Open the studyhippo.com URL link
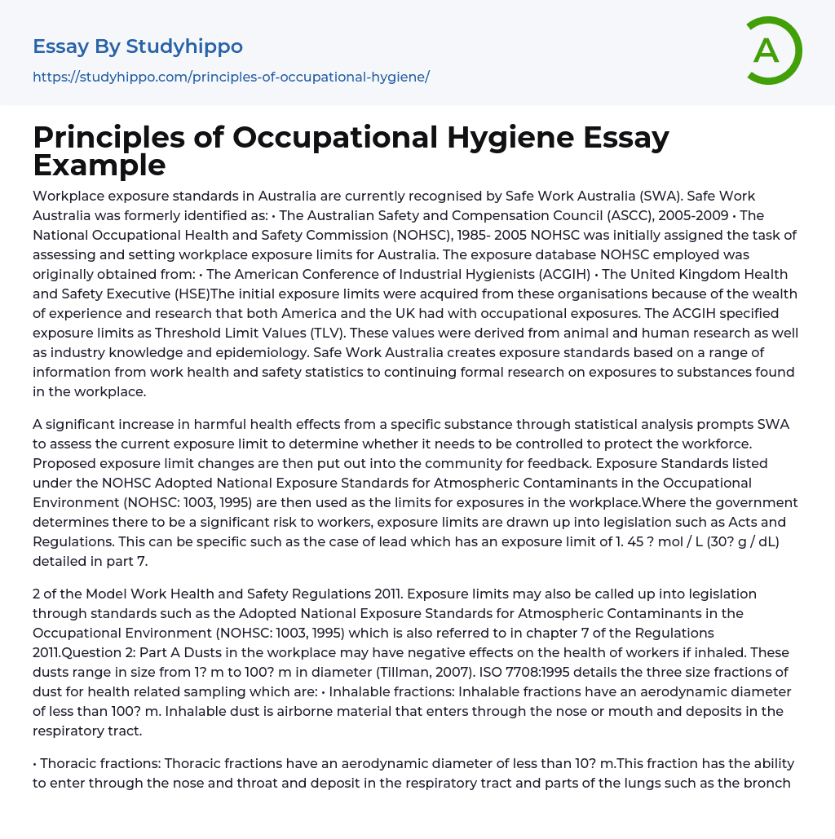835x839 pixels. pyautogui.click(x=231, y=77)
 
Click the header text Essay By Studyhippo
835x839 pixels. pyautogui.click(x=138, y=46)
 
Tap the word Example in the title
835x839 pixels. pyautogui.click(x=99, y=165)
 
